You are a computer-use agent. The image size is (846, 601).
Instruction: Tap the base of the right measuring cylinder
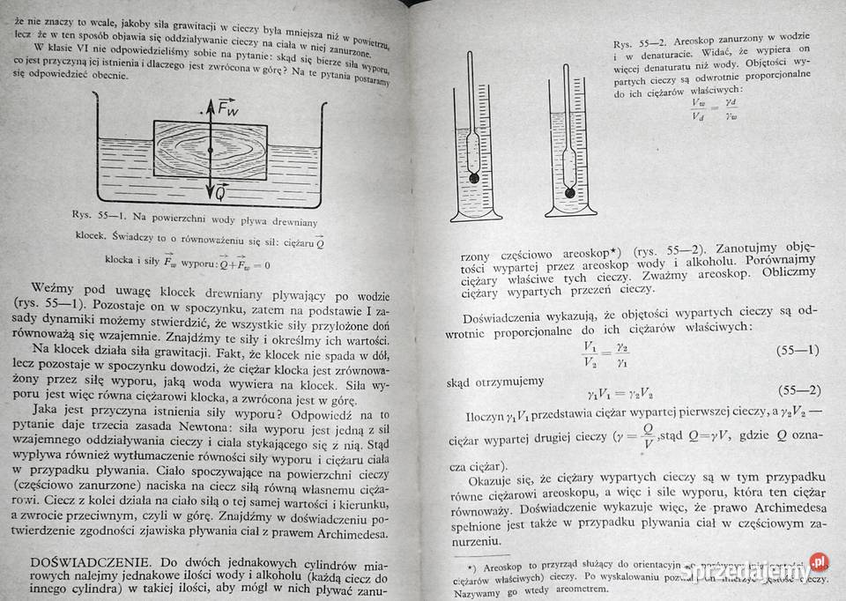(x=570, y=211)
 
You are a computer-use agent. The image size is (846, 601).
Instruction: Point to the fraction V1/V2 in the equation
(x=590, y=352)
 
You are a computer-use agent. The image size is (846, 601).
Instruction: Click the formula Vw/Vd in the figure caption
(x=698, y=108)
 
